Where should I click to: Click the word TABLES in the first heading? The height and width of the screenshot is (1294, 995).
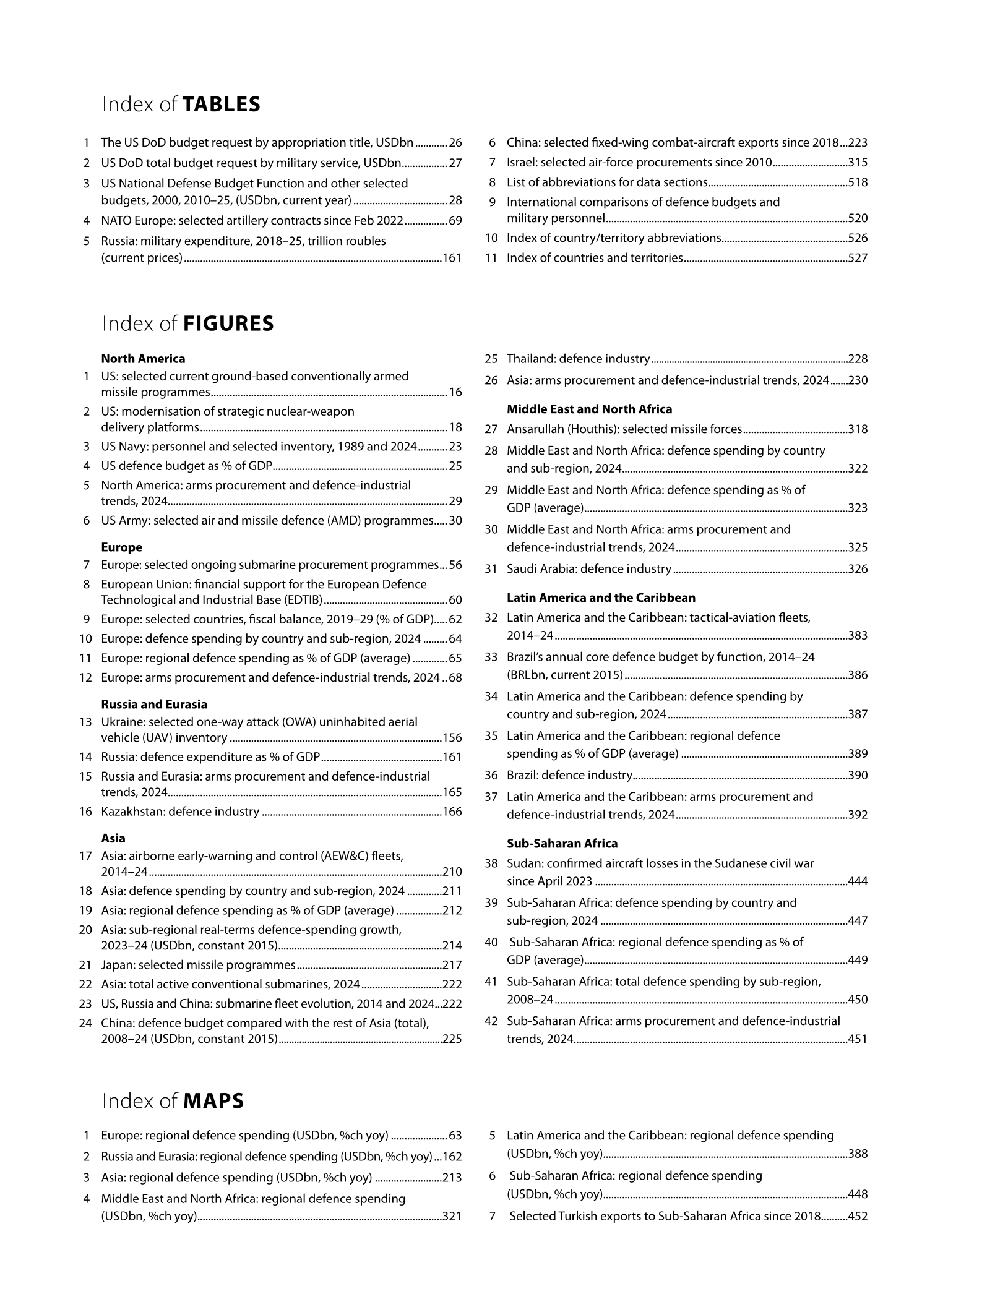pos(222,105)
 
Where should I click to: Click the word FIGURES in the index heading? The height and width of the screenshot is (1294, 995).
pos(228,324)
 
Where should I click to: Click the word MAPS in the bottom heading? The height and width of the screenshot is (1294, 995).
pos(213,1101)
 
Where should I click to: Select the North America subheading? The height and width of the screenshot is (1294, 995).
pos(143,359)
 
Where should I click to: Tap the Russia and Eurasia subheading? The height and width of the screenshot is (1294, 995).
pos(154,704)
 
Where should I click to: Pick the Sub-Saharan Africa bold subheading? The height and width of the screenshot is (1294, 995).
pos(562,843)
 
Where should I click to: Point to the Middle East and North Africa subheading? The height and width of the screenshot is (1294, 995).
pos(589,409)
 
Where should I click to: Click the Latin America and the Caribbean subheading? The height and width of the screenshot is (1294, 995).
pos(601,598)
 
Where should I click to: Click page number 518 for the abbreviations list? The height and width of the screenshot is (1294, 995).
pos(858,182)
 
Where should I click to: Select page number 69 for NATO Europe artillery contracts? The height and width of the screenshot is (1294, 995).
pos(455,221)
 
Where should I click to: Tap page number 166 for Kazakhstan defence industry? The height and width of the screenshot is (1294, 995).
pos(452,812)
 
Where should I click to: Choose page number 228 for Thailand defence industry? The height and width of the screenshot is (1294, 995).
pos(858,359)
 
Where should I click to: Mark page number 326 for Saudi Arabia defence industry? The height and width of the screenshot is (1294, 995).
pos(858,568)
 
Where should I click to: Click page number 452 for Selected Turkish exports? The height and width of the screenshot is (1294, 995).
pos(858,1216)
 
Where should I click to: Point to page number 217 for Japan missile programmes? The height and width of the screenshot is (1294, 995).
pos(452,965)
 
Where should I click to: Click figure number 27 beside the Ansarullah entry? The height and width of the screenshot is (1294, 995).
pos(491,429)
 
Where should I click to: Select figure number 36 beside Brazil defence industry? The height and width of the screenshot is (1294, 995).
pos(491,775)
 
